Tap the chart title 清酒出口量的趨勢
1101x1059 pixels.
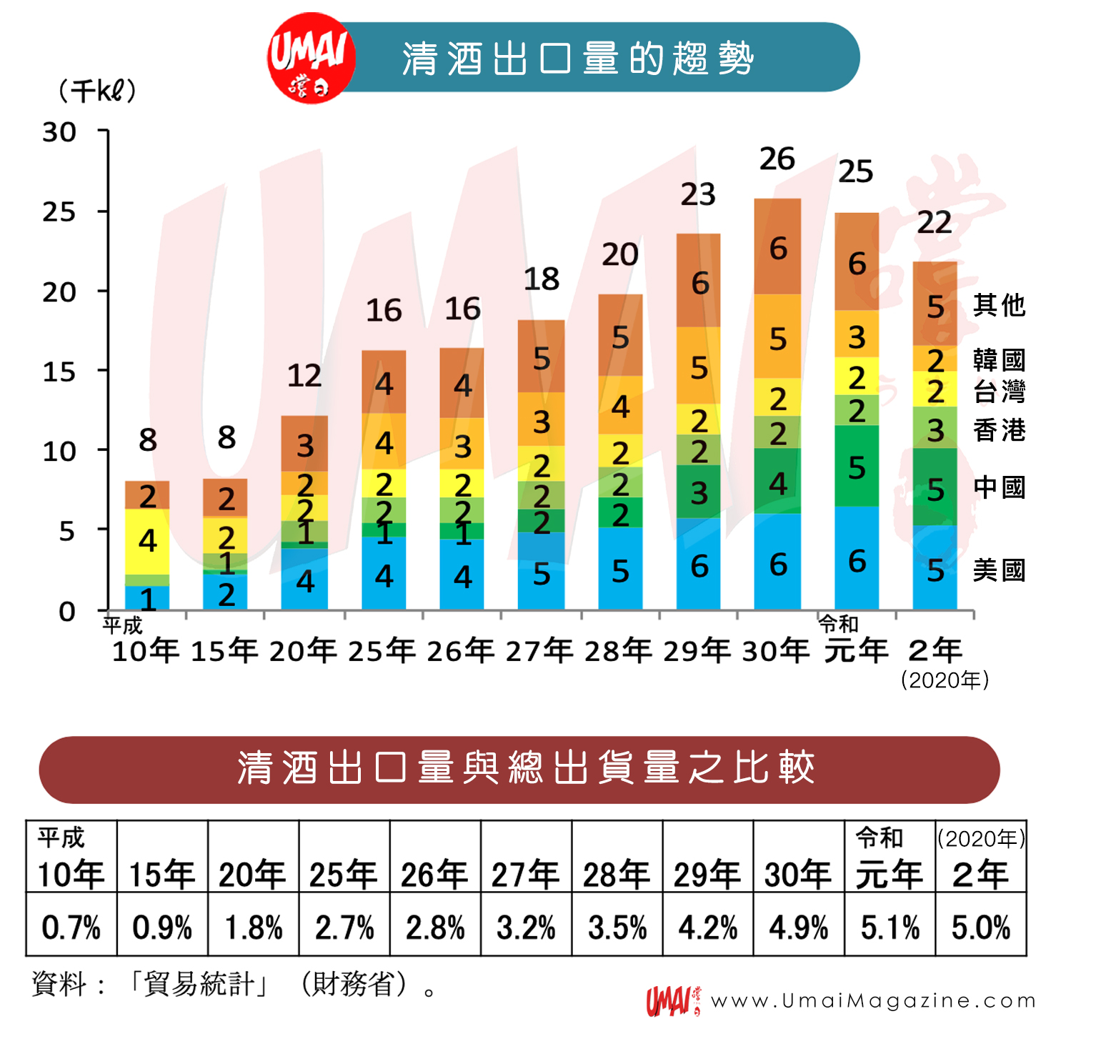[x=577, y=59]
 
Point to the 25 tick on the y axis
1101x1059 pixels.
[x=59, y=212]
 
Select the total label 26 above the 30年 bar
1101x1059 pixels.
[x=777, y=159]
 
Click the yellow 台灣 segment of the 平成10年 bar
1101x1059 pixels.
[x=147, y=541]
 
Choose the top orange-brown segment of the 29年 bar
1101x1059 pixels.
[x=699, y=281]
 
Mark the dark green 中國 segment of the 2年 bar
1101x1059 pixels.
[x=935, y=487]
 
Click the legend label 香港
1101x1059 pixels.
[x=999, y=430]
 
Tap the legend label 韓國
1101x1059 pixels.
[x=999, y=359]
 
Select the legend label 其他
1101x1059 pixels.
[x=999, y=305]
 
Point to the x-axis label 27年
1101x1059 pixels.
[x=539, y=651]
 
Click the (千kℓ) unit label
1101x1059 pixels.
[x=97, y=91]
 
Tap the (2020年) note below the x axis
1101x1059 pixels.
[x=945, y=680]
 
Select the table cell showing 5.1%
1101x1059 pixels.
[x=890, y=928]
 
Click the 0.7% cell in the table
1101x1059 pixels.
[x=71, y=928]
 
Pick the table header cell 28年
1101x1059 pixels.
[x=617, y=873]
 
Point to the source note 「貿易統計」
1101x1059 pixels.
[x=199, y=985]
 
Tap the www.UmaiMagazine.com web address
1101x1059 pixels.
[x=873, y=1001]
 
